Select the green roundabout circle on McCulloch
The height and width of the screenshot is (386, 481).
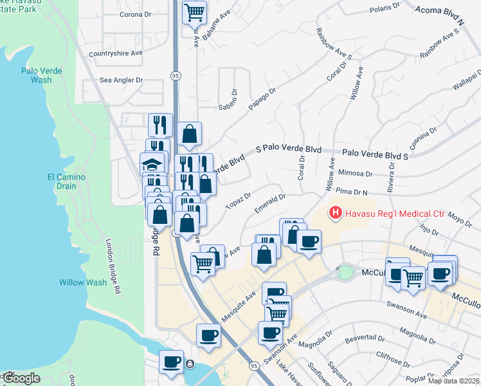(346, 272)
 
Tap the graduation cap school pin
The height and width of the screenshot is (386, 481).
(152, 165)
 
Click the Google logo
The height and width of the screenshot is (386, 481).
(21, 378)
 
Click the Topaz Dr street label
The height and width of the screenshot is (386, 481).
(238, 200)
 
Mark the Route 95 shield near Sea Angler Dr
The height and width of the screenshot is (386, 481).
(175, 76)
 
